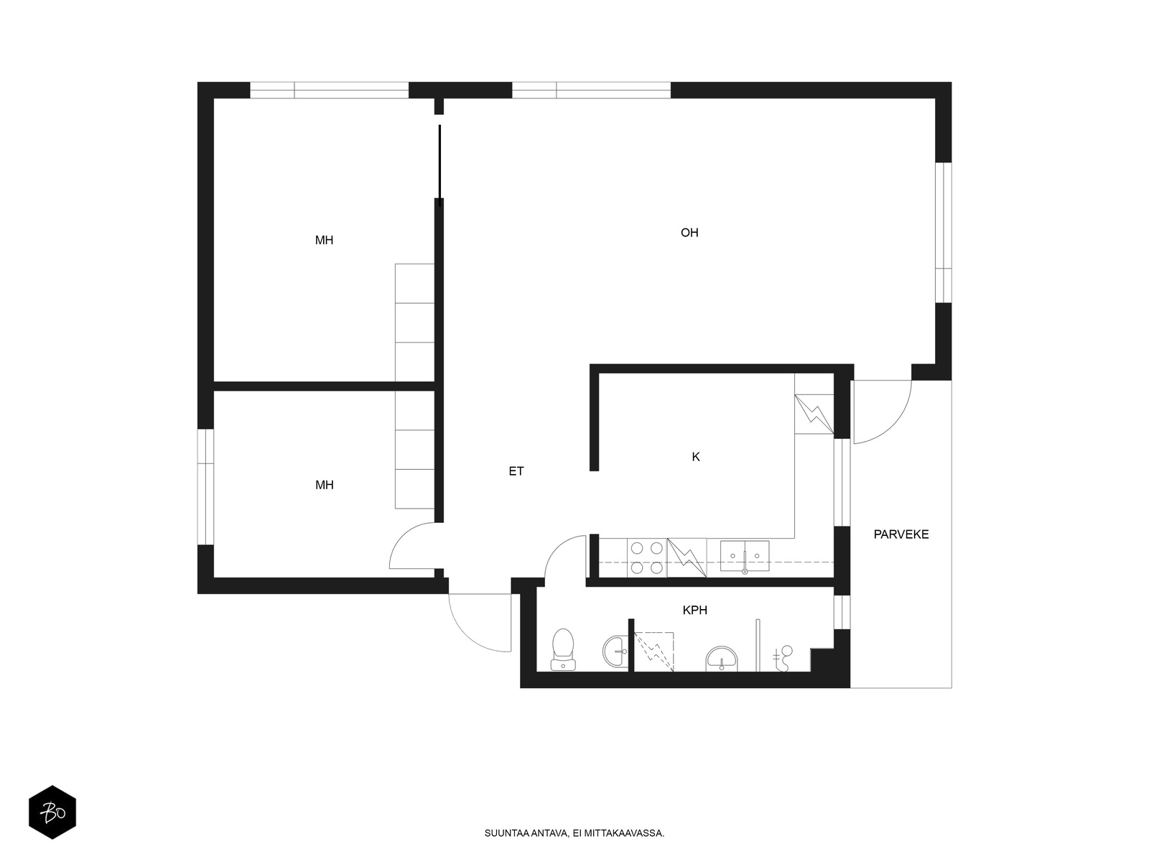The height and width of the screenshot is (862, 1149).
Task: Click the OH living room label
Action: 689,232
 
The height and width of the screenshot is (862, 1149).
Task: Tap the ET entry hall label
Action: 516,471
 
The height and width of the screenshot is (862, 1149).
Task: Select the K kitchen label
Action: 696,457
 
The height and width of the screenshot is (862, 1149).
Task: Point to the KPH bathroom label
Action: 694,610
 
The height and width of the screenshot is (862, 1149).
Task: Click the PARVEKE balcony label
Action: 901,534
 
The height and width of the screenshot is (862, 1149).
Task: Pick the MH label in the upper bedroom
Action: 324,240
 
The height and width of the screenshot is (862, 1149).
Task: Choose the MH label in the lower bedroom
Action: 324,485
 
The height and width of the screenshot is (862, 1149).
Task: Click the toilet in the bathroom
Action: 563,649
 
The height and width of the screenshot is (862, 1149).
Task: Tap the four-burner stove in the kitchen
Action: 646,558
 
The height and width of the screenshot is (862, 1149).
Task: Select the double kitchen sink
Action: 745,556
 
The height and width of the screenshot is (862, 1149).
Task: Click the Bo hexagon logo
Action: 52,812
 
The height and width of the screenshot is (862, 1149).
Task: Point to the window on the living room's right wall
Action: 944,232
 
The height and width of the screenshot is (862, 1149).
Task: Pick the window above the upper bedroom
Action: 329,90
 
